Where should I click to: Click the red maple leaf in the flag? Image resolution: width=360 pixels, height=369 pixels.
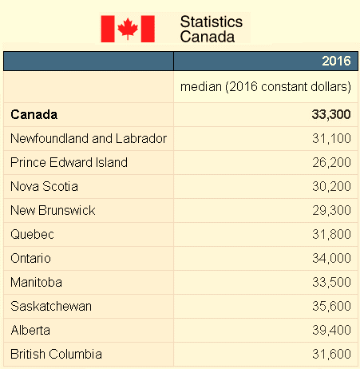point(128,29)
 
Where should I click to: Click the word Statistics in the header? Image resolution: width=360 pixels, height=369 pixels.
point(212,22)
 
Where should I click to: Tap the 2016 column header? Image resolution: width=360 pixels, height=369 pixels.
point(336,61)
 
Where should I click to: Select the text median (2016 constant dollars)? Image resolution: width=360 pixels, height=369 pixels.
point(266,87)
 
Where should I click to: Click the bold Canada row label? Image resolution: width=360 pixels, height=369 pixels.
point(34,115)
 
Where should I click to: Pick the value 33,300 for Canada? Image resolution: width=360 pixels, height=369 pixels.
point(331,115)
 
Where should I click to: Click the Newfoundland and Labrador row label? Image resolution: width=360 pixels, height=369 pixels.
point(89,138)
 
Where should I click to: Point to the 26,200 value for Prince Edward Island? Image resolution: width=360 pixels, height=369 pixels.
point(331,162)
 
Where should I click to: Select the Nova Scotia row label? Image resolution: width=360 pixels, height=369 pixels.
point(44,186)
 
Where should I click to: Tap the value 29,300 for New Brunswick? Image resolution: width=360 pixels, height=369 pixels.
point(331,210)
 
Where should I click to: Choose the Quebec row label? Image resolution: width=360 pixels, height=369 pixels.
point(32,235)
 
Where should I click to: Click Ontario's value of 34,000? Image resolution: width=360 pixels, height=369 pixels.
point(331,258)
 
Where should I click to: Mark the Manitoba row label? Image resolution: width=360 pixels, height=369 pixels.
point(36,282)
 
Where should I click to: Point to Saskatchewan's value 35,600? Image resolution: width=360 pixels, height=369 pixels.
point(331,306)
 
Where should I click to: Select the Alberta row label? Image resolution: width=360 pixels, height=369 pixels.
point(30,330)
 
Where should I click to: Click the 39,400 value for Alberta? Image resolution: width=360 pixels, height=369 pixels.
point(331,330)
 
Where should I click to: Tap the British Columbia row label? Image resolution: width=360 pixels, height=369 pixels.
point(56,354)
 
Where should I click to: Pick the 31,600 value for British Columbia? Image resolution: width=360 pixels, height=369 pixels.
point(331,354)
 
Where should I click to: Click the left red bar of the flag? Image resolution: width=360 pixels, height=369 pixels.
point(108,29)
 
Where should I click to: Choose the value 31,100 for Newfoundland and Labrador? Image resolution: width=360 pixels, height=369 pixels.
point(331,138)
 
